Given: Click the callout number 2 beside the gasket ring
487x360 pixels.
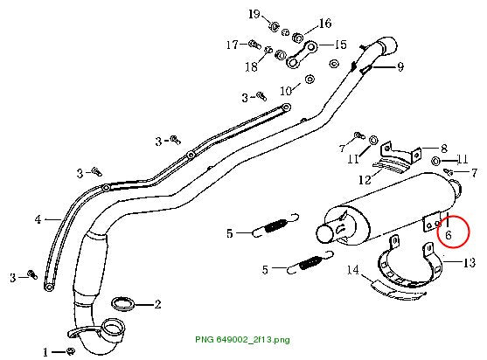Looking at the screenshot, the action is click(157, 304).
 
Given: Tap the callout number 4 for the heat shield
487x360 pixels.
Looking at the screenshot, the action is click(38, 219).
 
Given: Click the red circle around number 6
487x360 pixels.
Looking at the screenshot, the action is click(453, 232).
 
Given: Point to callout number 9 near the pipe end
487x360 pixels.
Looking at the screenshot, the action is click(400, 66).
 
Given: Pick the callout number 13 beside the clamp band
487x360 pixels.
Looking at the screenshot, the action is click(470, 262).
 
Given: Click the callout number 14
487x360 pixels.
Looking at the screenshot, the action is click(353, 270).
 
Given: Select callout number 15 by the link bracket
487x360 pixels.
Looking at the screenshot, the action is click(341, 45).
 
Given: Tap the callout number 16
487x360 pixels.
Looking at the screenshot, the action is click(325, 24).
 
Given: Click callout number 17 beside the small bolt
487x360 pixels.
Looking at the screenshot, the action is click(232, 45).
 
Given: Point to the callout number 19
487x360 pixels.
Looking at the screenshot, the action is click(254, 14).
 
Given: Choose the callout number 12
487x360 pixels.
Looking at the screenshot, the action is click(365, 179).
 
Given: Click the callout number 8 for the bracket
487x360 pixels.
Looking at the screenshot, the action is click(444, 149).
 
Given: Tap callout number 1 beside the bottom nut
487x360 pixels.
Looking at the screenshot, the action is click(45, 352).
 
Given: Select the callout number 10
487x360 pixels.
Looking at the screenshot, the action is click(286, 91).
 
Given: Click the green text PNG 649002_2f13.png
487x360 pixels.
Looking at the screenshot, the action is click(242, 339).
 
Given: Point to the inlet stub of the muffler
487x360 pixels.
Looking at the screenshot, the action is click(325, 233).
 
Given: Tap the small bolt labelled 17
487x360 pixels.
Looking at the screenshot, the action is click(254, 44).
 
